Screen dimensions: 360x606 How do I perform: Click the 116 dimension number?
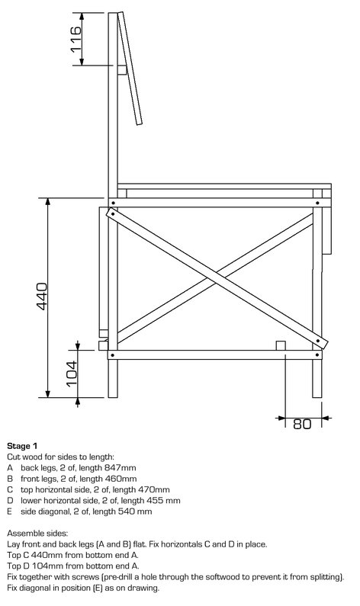76,39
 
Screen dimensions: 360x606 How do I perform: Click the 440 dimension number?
42,297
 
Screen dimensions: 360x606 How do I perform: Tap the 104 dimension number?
72,374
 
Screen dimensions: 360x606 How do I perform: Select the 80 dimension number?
302,424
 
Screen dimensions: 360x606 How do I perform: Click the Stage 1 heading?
22,446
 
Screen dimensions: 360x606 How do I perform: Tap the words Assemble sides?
37,534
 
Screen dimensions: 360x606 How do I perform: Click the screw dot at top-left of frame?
112,203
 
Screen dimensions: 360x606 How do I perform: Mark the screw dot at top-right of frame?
317,203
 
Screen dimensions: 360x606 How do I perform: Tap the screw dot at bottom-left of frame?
112,354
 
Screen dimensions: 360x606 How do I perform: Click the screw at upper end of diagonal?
112,213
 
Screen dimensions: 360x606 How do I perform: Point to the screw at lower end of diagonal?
318,341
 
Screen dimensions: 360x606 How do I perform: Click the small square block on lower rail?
281,345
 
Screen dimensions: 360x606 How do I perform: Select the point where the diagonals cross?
216,278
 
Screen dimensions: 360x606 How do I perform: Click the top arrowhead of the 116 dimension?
82,16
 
